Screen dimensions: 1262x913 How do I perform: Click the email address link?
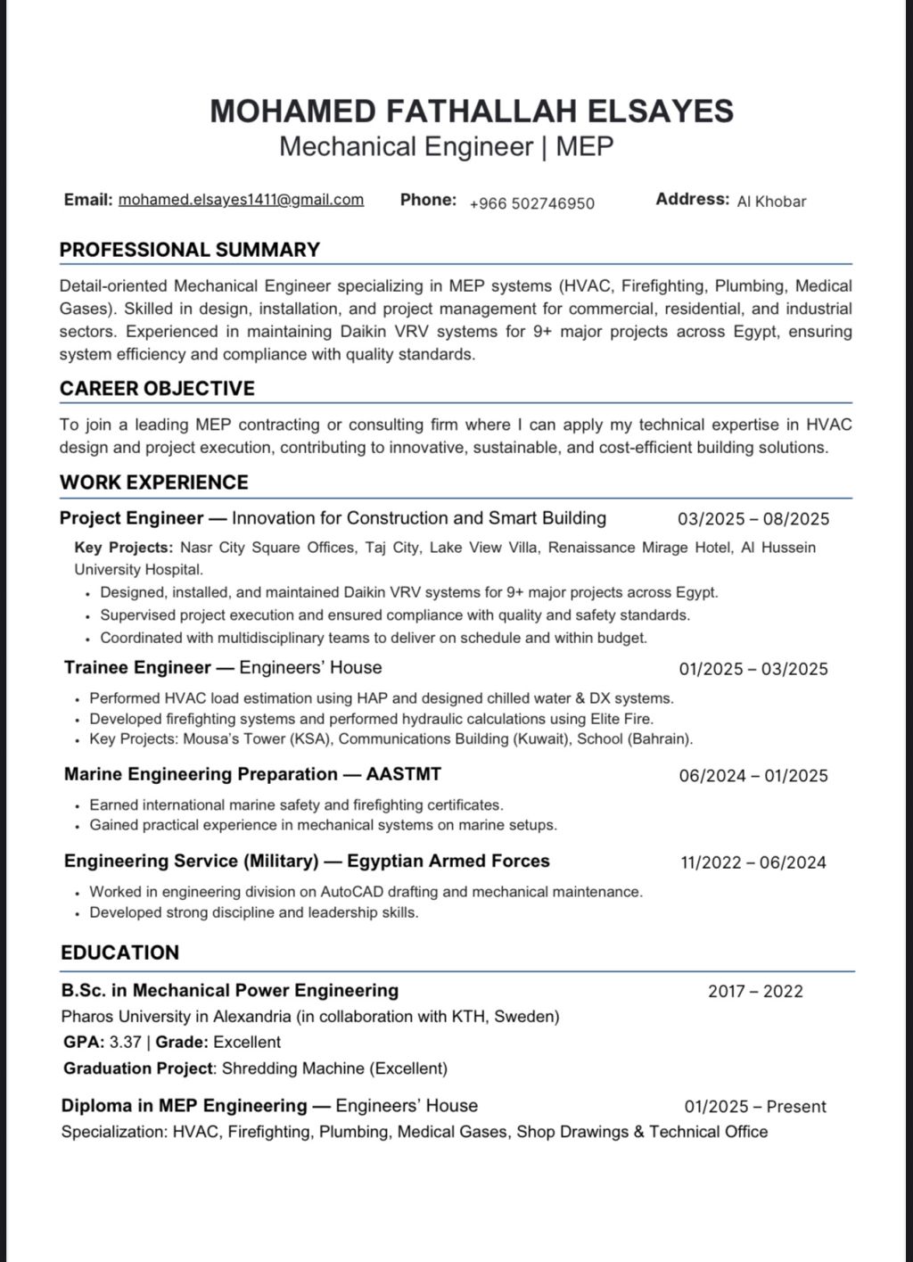pyautogui.click(x=241, y=200)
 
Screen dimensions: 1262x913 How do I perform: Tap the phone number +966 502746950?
pyautogui.click(x=531, y=203)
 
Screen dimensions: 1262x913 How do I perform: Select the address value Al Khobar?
pyautogui.click(x=771, y=202)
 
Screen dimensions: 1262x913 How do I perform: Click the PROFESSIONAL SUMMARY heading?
pyautogui.click(x=189, y=250)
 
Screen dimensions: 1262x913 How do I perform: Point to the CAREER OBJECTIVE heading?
pyautogui.click(x=157, y=388)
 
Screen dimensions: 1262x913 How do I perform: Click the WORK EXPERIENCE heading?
pyautogui.click(x=153, y=483)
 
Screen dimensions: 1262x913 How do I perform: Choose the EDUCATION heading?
pyautogui.click(x=119, y=953)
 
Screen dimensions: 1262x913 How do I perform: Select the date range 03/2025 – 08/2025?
pyautogui.click(x=753, y=519)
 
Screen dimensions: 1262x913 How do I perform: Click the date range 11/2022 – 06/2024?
pyautogui.click(x=753, y=862)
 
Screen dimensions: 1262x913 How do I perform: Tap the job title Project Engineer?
pyautogui.click(x=131, y=518)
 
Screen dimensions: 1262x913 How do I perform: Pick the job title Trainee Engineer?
pyautogui.click(x=137, y=667)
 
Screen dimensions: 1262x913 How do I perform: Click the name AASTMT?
pyautogui.click(x=403, y=774)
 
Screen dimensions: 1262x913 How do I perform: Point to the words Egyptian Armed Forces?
pyautogui.click(x=448, y=861)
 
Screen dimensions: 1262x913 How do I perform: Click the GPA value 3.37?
pyautogui.click(x=125, y=1042)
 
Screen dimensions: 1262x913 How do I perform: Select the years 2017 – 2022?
pyautogui.click(x=755, y=991)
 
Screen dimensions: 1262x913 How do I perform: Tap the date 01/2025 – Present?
pyautogui.click(x=755, y=1107)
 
